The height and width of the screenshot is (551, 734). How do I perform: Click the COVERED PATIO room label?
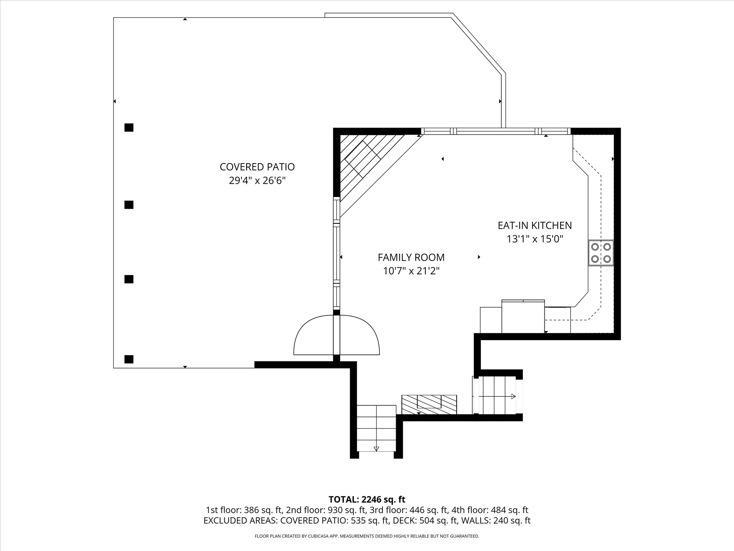coord(257,167)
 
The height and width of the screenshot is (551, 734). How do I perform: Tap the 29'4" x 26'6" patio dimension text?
coord(257,180)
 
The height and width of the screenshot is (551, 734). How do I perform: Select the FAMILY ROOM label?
coord(411,257)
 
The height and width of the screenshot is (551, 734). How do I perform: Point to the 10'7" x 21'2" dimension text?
coord(411,271)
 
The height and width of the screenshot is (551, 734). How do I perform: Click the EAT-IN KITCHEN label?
coord(535,225)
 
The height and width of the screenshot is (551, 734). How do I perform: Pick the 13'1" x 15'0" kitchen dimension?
coord(535,239)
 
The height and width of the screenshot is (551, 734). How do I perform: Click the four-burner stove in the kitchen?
coord(601,253)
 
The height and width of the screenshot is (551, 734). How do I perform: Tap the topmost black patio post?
coord(129,127)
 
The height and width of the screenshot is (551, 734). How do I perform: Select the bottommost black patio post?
coord(129,359)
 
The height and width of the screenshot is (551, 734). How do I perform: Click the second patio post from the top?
coord(129,205)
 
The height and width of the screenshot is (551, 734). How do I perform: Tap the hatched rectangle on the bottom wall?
coord(429,405)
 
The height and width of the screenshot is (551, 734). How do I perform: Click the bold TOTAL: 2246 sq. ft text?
coord(367,499)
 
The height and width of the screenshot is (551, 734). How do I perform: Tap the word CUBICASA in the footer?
coord(318,536)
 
